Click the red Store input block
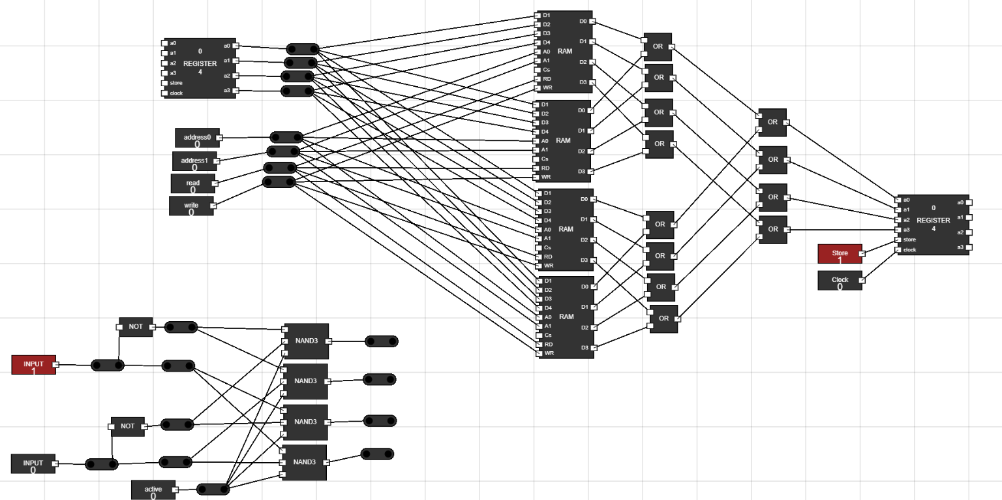click(x=840, y=254)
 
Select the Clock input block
click(x=840, y=281)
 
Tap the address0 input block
click(x=197, y=138)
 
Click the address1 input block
click(x=194, y=161)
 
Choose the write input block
click(x=191, y=206)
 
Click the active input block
click(x=153, y=490)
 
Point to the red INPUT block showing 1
click(x=33, y=365)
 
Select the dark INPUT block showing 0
click(x=33, y=464)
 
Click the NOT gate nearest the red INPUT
click(x=136, y=326)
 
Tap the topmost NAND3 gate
click(x=305, y=341)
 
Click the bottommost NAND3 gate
click(x=304, y=462)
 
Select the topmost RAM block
click(x=565, y=51)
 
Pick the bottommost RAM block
click(x=566, y=317)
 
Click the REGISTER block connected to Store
click(x=933, y=224)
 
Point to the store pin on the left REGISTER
click(x=165, y=83)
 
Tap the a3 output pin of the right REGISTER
click(x=969, y=247)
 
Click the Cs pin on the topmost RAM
click(x=538, y=69)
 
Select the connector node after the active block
click(x=212, y=490)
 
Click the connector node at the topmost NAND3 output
click(x=382, y=341)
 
